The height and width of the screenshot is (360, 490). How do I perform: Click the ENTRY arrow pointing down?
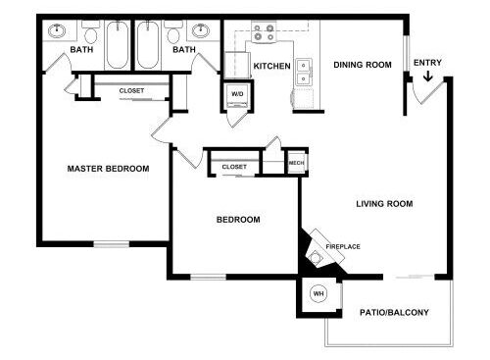pyautogui.click(x=427, y=77)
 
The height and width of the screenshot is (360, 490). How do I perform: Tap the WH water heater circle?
pyautogui.click(x=318, y=293)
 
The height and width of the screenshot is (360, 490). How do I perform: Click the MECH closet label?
pyautogui.click(x=296, y=163)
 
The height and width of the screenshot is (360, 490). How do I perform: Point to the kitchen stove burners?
pyautogui.click(x=264, y=32)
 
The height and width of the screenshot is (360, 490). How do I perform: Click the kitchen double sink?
pyautogui.click(x=304, y=73)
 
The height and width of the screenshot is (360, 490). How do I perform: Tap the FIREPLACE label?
pyautogui.click(x=343, y=246)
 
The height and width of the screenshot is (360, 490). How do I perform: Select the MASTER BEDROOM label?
pyautogui.click(x=108, y=169)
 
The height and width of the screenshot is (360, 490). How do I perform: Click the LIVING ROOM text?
pyautogui.click(x=384, y=204)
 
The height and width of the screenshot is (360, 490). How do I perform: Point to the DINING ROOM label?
pyautogui.click(x=363, y=65)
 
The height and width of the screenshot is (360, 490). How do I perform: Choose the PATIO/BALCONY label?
pyautogui.click(x=394, y=312)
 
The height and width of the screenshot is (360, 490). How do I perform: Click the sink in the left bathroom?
pyautogui.click(x=57, y=31)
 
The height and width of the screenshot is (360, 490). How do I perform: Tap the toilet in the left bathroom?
pyautogui.click(x=90, y=32)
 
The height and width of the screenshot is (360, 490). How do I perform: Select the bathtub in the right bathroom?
pyautogui.click(x=148, y=45)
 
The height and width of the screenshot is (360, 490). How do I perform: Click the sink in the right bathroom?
pyautogui.click(x=201, y=31)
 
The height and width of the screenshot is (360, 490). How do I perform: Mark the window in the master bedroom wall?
pyautogui.click(x=112, y=244)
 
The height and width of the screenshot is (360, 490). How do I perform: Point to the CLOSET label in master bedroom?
pyautogui.click(x=131, y=90)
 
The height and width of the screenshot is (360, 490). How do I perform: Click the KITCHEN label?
pyautogui.click(x=272, y=66)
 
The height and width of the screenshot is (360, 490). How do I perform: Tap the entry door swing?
pyautogui.click(x=428, y=91)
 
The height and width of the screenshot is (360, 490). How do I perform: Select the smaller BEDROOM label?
pyautogui.click(x=238, y=220)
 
